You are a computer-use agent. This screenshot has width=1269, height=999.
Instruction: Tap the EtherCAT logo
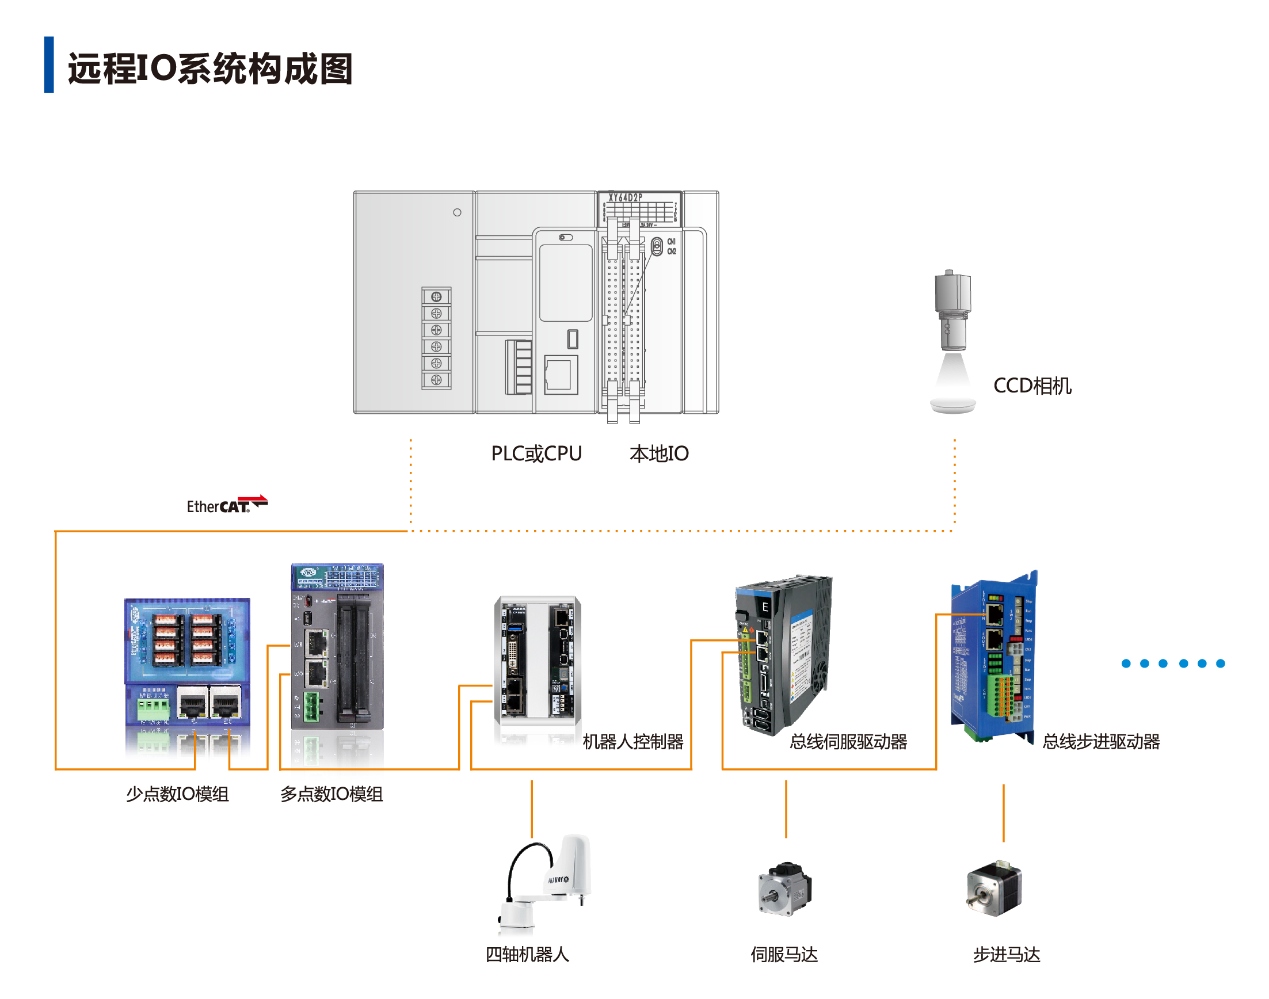tap(226, 504)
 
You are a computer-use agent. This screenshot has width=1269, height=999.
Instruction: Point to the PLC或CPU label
tap(536, 453)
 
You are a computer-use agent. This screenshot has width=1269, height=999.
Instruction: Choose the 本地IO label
tap(658, 453)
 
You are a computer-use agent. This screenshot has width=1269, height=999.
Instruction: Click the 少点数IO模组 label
tap(177, 794)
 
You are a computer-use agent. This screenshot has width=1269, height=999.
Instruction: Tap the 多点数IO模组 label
tap(331, 794)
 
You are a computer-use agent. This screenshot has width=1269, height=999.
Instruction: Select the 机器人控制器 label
tap(632, 742)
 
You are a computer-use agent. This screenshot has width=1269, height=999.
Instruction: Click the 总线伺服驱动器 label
tap(848, 742)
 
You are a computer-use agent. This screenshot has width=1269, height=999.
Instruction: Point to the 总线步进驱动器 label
tap(1100, 742)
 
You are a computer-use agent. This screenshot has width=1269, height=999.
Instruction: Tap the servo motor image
tap(785, 888)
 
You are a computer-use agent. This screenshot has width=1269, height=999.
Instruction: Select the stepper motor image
tap(994, 888)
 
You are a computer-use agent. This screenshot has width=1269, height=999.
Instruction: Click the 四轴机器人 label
tap(527, 955)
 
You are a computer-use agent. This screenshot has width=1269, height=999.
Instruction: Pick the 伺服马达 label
tap(784, 955)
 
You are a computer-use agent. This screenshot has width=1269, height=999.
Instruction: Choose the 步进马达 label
tap(1006, 955)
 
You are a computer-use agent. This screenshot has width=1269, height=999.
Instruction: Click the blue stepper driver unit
tap(992, 655)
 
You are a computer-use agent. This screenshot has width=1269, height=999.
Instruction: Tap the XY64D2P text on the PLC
tap(625, 198)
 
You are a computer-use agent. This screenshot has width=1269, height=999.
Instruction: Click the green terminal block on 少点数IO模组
tap(153, 707)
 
